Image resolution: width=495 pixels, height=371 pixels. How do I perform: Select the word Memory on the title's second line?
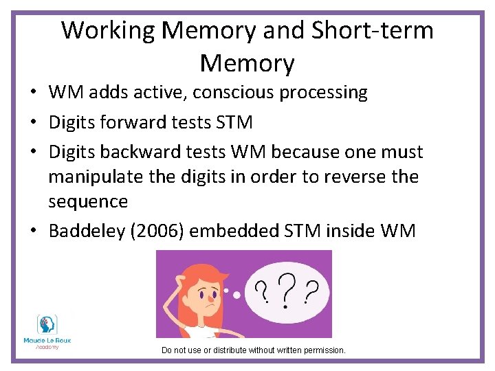coord(247,63)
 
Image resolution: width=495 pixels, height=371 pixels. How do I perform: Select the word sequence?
coord(88,201)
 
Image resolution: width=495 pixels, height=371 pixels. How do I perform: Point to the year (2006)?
coord(158,231)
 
